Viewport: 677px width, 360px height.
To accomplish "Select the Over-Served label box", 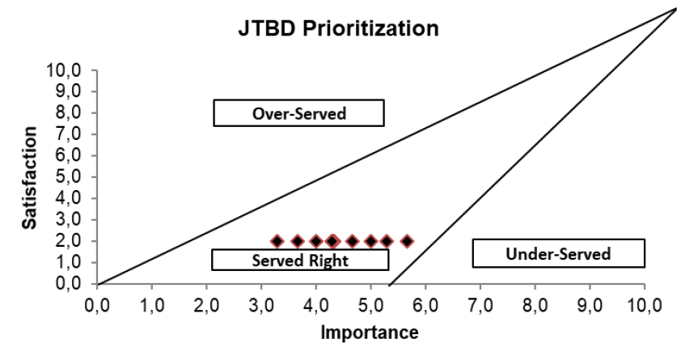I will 298,113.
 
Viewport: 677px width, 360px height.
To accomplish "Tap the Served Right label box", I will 300,260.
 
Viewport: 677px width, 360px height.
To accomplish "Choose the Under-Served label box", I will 558,254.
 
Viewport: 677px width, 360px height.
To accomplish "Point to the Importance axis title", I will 370,332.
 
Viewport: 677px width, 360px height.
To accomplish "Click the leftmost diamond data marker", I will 277,241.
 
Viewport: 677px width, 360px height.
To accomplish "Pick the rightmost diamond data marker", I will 407,241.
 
